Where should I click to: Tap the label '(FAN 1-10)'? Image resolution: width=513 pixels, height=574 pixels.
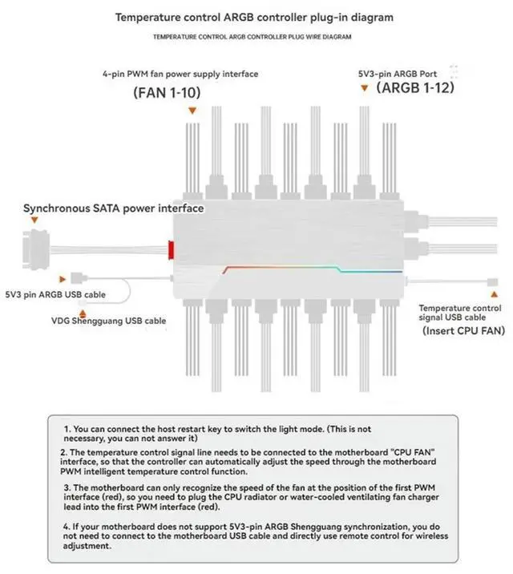[167, 93]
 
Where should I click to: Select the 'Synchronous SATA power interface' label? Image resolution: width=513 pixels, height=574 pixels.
[113, 208]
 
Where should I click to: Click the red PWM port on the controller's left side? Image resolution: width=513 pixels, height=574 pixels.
[172, 249]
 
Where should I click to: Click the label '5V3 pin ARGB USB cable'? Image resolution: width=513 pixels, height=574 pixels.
[55, 295]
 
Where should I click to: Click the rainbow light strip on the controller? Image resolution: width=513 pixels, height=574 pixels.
[313, 269]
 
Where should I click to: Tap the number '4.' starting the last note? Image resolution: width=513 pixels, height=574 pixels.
[67, 525]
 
